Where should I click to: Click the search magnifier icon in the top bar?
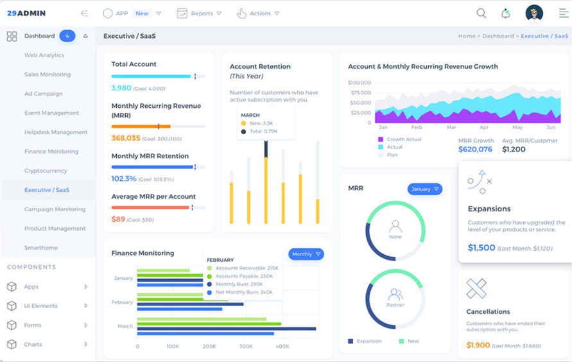tap(481, 13)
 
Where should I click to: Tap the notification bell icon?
tap(506, 13)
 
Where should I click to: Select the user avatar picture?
tap(534, 13)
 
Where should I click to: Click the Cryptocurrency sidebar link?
tap(46, 171)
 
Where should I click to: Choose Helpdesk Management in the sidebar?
tap(56, 132)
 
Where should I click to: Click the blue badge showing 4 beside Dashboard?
tap(67, 36)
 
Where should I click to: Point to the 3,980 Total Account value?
tap(121, 88)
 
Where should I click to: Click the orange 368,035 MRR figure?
tap(126, 138)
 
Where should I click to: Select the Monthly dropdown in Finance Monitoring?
tap(306, 254)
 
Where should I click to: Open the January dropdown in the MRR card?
tap(425, 189)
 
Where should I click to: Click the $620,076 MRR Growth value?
tap(475, 150)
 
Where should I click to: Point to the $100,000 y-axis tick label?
tap(360, 83)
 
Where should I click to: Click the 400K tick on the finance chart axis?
tap(282, 347)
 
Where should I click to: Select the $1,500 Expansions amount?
tap(481, 248)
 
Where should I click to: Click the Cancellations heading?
tap(488, 312)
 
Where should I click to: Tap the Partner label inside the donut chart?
tap(395, 305)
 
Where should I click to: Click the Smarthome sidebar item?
tap(41, 248)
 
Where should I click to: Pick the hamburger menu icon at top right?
tap(563, 13)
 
